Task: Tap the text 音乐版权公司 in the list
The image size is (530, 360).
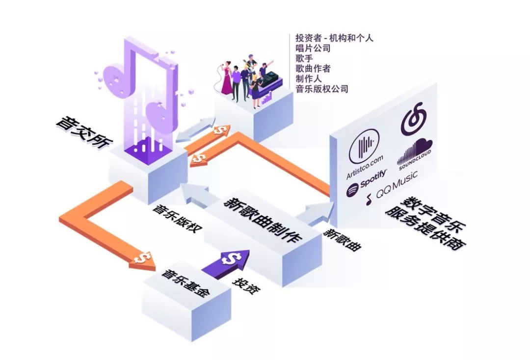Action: (x=321, y=89)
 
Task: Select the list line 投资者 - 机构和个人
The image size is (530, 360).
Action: (x=334, y=38)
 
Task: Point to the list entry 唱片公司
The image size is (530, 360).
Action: (x=313, y=48)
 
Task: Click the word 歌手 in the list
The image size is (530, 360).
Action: (x=304, y=58)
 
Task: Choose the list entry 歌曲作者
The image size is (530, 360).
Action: (x=313, y=69)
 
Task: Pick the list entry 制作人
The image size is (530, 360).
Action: (x=308, y=79)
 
